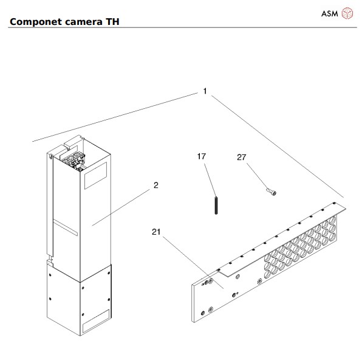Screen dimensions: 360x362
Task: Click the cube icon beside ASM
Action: pyautogui.click(x=347, y=12)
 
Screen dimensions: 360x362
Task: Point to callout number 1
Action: pyautogui.click(x=205, y=91)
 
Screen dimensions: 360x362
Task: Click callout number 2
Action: pyautogui.click(x=155, y=185)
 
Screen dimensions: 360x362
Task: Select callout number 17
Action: pyautogui.click(x=202, y=156)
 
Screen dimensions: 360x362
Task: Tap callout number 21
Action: pyautogui.click(x=156, y=231)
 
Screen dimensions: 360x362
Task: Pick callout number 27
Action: pyautogui.click(x=241, y=157)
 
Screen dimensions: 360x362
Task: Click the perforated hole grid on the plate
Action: pyautogui.click(x=301, y=247)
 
